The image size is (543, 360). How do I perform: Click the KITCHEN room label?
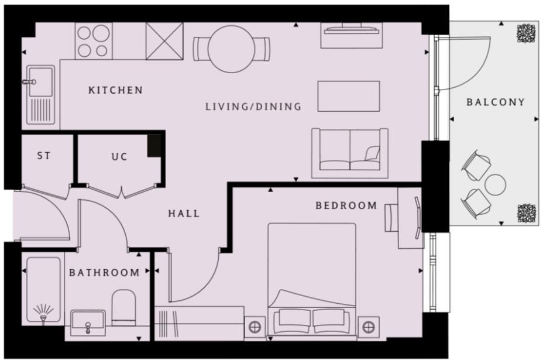[x=115, y=90]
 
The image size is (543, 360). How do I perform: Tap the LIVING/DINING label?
[x=253, y=107]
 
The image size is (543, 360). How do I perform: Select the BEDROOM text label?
[x=346, y=205]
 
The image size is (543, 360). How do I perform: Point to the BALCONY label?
[x=495, y=102]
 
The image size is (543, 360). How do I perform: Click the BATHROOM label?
[x=104, y=273]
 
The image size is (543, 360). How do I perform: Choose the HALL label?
[x=184, y=214]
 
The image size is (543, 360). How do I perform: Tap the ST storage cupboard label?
[x=44, y=156]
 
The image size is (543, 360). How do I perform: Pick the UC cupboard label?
[x=119, y=157]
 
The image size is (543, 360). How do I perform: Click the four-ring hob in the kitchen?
[x=93, y=41]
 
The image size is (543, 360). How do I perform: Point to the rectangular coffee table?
[x=349, y=96]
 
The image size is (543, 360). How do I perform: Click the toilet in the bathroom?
[x=123, y=306]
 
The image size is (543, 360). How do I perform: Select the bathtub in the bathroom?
[x=43, y=290]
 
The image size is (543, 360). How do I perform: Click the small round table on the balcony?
[x=496, y=184]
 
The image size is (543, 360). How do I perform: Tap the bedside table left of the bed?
[x=255, y=327]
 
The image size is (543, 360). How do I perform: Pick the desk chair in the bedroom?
[x=391, y=217]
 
